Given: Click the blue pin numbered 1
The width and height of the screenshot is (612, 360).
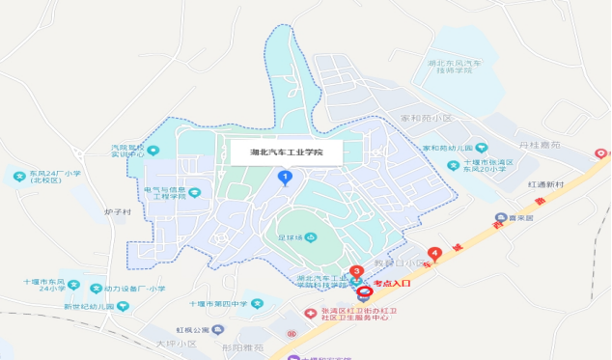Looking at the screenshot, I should click(285, 176).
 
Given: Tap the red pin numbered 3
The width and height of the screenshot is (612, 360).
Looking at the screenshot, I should click(356, 272).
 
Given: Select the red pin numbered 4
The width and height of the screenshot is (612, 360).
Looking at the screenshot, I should click(435, 254).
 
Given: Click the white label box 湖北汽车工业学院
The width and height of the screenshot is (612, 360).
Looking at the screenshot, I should click(286, 152).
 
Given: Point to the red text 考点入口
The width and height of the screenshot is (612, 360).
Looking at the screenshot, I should click(392, 283).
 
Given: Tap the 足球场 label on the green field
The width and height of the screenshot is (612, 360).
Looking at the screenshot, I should click(292, 237).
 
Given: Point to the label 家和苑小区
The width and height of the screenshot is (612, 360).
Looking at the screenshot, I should click(427, 118).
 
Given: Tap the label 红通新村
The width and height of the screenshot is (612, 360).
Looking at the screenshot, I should click(546, 182).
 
